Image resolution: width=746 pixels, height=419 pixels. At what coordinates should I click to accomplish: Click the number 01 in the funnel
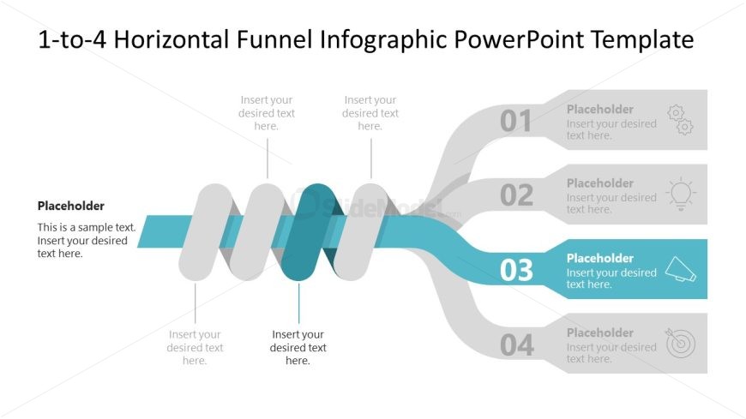pos(516,122)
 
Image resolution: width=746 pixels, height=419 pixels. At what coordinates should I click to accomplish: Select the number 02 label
pos(516,196)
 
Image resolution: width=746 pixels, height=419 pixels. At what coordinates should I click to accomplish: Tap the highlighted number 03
pos(516,271)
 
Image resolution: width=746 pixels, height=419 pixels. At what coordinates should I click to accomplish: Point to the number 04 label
pos(516,345)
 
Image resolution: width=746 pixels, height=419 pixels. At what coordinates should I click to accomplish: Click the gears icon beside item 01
pos(680,120)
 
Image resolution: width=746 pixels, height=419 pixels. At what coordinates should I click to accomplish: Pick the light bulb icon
pos(680,194)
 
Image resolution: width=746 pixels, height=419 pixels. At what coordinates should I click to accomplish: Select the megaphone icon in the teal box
pos(680,270)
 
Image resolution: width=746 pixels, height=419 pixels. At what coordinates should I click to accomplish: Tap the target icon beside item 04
pos(680,343)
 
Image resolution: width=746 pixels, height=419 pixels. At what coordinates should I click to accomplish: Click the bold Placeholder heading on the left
pos(71,206)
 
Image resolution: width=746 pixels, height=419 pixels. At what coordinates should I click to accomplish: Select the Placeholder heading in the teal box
pos(600,258)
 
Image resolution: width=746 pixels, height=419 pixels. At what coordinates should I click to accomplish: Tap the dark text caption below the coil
pos(298,347)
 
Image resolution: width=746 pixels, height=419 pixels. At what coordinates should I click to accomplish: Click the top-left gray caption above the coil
pos(267,113)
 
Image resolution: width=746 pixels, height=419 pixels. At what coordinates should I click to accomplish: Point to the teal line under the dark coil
pos(299,302)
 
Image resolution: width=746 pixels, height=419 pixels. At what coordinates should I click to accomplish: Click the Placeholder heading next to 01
pos(600,109)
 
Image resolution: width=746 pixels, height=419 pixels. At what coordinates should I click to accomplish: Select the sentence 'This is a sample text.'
pos(87,228)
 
